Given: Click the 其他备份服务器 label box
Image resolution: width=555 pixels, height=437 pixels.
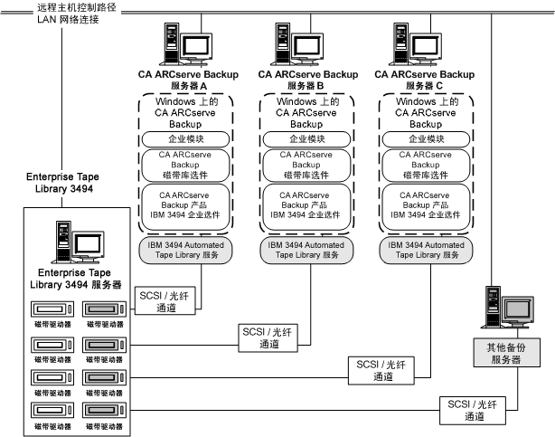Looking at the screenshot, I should click(x=504, y=353).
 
